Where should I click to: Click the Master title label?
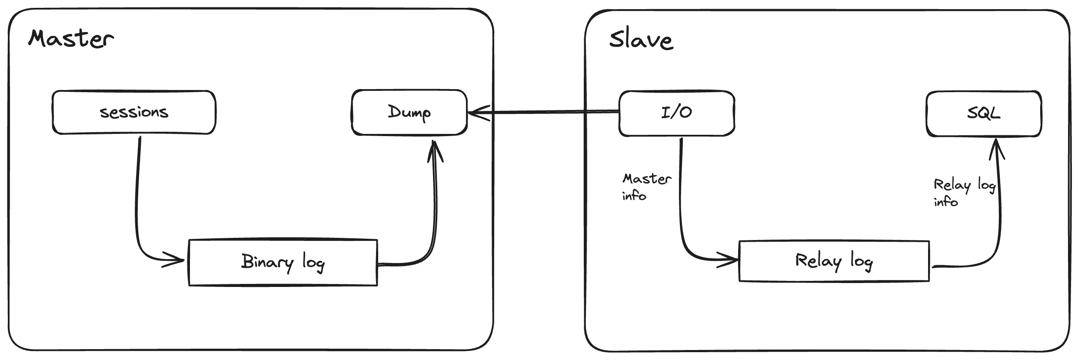click(71, 39)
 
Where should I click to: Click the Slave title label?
click(641, 40)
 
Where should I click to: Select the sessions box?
click(134, 112)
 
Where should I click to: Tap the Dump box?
click(409, 112)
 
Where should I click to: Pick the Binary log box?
click(283, 262)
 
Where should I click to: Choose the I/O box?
click(676, 113)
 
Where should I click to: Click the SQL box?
click(984, 114)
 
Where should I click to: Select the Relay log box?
click(834, 261)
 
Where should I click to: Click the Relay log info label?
click(964, 192)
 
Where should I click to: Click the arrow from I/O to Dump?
click(543, 113)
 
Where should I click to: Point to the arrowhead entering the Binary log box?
click(176, 261)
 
